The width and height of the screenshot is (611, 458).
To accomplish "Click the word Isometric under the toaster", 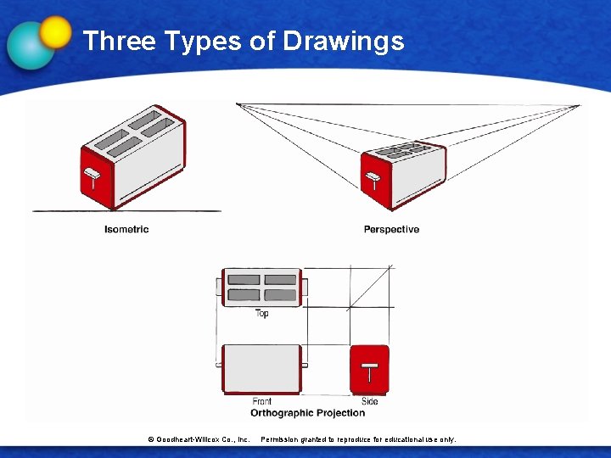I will point(126,229).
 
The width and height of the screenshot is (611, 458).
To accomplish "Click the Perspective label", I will point(391,229).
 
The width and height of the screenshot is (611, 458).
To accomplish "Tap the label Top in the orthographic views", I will point(262,314).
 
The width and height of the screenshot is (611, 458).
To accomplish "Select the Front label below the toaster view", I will point(262,401).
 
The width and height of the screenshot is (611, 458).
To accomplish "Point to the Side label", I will point(370,401).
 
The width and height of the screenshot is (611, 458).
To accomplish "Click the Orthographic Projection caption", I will point(307,413).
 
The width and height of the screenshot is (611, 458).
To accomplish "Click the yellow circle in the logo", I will point(55,31).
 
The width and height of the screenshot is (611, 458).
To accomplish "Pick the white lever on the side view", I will point(370,370).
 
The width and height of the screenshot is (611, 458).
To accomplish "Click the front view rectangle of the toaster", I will point(261,368).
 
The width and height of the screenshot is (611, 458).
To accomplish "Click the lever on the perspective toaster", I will point(372,178).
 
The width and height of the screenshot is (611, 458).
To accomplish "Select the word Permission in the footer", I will point(282,439).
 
